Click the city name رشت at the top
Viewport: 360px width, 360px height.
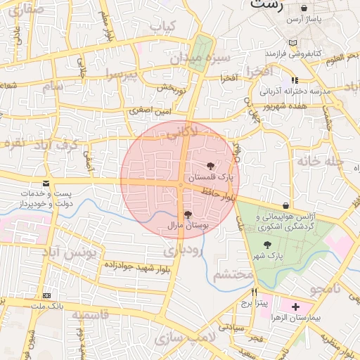coord(265,5)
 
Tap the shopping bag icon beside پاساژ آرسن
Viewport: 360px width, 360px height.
coord(304,8)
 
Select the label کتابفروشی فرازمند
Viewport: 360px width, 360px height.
coord(293,53)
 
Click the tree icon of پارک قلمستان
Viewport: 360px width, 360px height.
coord(211,165)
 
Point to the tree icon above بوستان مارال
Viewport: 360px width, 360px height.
coord(187,214)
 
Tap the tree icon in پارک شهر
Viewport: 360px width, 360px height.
coord(266,245)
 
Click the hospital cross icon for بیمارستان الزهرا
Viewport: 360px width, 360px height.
coord(295,307)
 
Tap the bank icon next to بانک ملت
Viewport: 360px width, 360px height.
coord(47,296)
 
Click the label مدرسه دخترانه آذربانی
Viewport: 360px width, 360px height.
coord(290,91)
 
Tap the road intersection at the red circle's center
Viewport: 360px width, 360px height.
coord(181,185)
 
